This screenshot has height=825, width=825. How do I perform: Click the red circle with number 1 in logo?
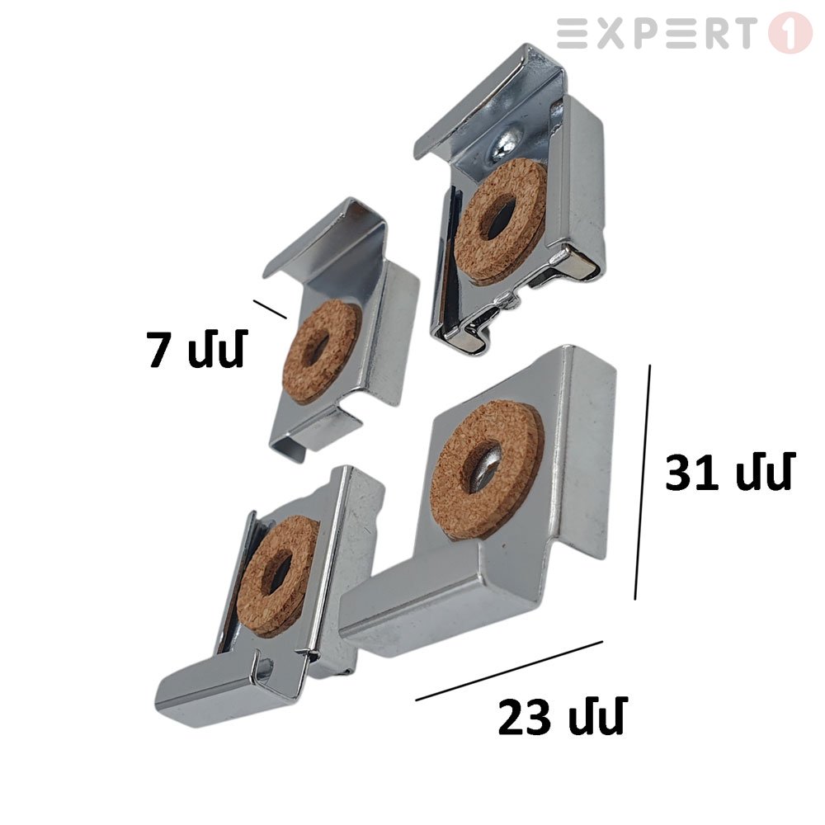pos(790,33)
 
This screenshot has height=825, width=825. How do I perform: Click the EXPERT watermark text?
pos(654,33)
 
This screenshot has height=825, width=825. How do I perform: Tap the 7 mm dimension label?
pos(196,348)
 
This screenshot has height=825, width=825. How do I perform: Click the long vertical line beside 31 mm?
pos(643,482)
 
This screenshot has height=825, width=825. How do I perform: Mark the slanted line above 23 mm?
pos(509,670)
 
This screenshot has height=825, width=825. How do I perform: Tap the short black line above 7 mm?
pos(270,309)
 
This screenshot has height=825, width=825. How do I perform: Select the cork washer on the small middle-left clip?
pos(322,352)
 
